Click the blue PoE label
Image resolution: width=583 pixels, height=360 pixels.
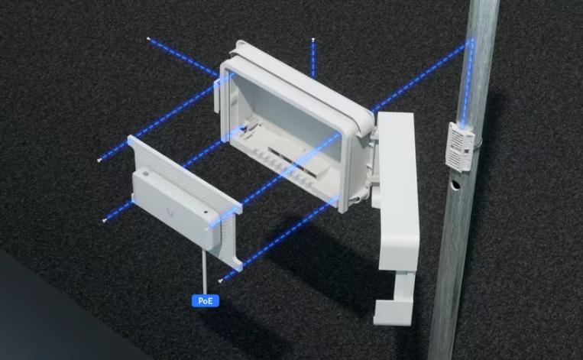tap(206, 300)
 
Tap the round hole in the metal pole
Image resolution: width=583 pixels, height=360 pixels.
tap(455, 184)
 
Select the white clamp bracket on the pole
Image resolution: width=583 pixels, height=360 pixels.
tap(460, 147)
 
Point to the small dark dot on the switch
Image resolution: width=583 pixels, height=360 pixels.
tap(206, 212)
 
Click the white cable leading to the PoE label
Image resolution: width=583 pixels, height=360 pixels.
tap(205, 271)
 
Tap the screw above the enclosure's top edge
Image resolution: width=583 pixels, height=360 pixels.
tap(313, 39)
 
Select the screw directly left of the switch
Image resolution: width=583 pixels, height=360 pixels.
tap(104, 221)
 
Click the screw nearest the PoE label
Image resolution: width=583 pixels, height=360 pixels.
tap(221, 281)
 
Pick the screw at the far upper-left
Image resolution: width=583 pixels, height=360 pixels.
tap(148, 38)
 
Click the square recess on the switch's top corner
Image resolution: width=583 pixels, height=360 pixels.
tap(145, 173)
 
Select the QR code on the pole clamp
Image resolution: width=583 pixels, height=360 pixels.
tap(465, 151)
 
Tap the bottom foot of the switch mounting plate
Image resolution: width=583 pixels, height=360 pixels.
tap(236, 263)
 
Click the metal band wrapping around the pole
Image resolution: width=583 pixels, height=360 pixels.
tap(478, 141)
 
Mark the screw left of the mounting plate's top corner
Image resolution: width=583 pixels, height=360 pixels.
tap(99, 161)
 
